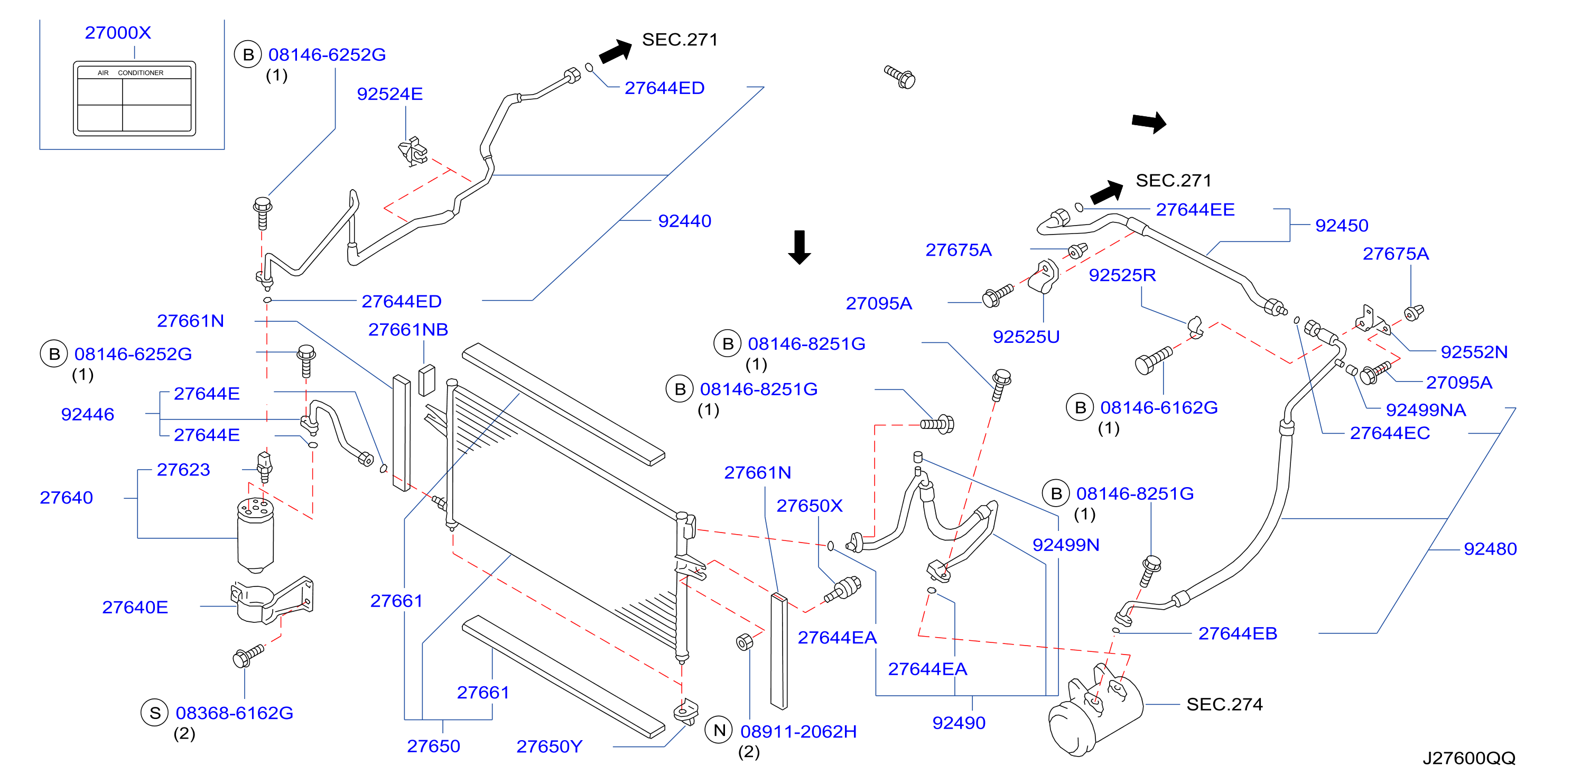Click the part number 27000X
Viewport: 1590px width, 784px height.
coord(118,33)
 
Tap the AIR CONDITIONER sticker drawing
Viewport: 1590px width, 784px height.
coord(135,98)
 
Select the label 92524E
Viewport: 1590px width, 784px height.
coord(390,94)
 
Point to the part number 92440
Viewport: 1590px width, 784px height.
coord(684,221)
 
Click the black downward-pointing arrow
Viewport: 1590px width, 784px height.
coord(799,247)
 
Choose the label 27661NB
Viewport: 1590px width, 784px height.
coord(408,330)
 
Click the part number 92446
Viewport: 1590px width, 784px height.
coord(88,414)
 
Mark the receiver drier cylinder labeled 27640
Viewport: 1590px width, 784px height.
coord(256,535)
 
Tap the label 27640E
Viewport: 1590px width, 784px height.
coord(135,608)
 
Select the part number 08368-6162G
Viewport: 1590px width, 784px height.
coord(235,714)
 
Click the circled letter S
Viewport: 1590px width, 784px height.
coord(155,714)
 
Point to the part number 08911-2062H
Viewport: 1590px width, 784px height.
coord(799,732)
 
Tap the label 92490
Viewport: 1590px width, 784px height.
coord(959,723)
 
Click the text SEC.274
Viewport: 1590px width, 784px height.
coord(1224,704)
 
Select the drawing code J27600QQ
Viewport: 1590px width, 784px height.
coord(1469,758)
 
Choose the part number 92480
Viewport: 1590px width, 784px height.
coord(1491,549)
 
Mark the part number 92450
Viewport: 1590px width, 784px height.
coord(1342,226)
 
